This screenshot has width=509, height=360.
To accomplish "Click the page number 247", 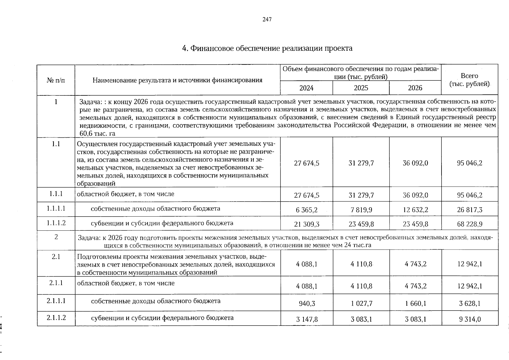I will coord(267,19).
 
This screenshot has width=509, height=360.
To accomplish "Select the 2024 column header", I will coord(306,88).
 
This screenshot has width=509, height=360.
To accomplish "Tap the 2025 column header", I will coord(361,88).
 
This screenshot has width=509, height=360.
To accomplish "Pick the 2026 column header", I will coord(415,88).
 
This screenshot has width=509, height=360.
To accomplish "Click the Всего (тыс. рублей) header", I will coord(469,80).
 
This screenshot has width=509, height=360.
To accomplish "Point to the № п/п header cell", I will coord(56,80).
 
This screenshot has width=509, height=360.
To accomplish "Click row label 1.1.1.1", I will coord(56,208).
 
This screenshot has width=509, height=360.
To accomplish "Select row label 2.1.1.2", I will coord(56,317).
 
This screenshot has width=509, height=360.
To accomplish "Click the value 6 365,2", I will coord(307,210).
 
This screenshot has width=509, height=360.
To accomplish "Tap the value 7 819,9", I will coord(361,210).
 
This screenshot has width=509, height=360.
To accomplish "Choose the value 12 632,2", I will coord(415,210).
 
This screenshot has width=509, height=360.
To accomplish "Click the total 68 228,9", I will coord(470,224).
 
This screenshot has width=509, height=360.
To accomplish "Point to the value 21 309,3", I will coord(307,224).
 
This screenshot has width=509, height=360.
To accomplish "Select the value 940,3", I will coord(307,304).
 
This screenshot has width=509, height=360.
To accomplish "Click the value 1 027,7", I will coord(361,304).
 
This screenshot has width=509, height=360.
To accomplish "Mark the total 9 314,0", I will coord(470,319).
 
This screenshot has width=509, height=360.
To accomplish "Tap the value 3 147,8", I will coord(307,319).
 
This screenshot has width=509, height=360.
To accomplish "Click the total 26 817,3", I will coord(470,210).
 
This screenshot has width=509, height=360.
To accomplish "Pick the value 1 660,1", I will coord(415,304).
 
